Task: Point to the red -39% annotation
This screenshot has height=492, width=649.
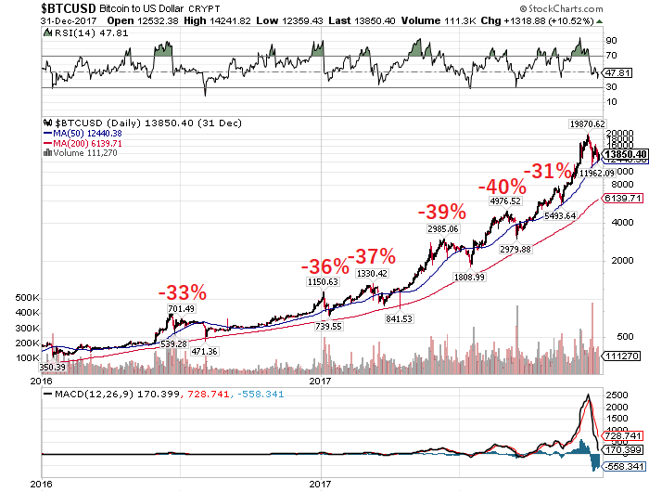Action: [x=440, y=211]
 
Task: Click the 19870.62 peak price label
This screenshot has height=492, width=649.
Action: [x=587, y=123]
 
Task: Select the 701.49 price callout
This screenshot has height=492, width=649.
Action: [x=181, y=309]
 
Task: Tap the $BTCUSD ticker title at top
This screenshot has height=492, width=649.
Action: [x=70, y=6]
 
